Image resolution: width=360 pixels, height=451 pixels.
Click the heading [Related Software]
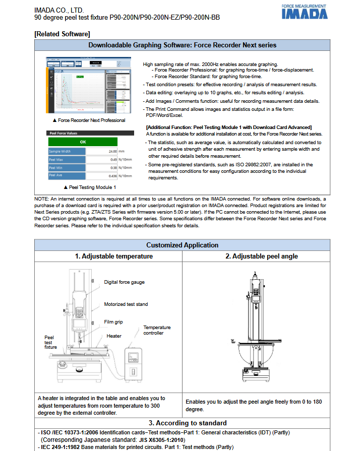[x=63, y=34]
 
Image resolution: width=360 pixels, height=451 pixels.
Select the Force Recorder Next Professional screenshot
[x=88, y=86]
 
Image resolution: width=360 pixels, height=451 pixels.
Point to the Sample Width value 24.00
[x=110, y=151]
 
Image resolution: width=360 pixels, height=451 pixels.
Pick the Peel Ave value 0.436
[x=109, y=176]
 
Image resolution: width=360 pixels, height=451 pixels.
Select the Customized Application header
[x=182, y=245]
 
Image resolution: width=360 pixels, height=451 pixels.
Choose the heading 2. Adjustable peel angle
[x=261, y=256]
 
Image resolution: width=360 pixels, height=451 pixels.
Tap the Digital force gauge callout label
[x=124, y=282]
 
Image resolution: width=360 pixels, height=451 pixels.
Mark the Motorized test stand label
[x=126, y=304]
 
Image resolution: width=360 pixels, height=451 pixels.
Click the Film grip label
[x=113, y=321]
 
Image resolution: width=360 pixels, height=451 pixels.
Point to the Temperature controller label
[x=157, y=330]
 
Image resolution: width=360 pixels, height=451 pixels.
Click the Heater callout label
[x=114, y=336]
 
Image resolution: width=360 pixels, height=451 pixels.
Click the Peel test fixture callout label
[x=50, y=342]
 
